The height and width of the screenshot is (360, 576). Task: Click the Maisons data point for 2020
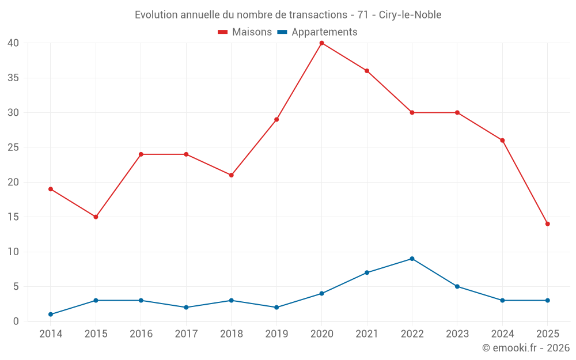pyautogui.click(x=321, y=43)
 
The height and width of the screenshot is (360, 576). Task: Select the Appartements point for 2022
pyautogui.click(x=412, y=259)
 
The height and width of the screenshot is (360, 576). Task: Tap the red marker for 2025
pyautogui.click(x=547, y=224)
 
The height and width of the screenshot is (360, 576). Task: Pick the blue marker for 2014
pyautogui.click(x=51, y=314)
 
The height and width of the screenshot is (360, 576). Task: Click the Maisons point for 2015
pyautogui.click(x=96, y=217)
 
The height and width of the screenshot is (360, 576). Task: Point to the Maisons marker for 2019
pyautogui.click(x=276, y=120)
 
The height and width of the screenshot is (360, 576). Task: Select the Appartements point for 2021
pyautogui.click(x=367, y=272)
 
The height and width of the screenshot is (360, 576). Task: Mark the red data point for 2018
pyautogui.click(x=231, y=175)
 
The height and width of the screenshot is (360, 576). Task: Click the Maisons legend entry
pyautogui.click(x=245, y=32)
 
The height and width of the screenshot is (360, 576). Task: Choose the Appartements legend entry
pyautogui.click(x=317, y=32)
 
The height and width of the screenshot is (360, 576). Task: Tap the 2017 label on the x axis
pyautogui.click(x=186, y=334)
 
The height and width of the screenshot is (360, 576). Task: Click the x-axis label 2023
pyautogui.click(x=457, y=334)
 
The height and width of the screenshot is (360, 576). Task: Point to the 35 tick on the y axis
pyautogui.click(x=13, y=78)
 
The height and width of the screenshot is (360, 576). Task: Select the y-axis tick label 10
pyautogui.click(x=13, y=252)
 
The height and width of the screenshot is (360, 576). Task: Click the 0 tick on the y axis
pyautogui.click(x=16, y=321)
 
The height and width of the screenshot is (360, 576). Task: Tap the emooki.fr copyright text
pyautogui.click(x=526, y=348)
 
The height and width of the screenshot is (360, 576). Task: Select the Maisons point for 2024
pyautogui.click(x=502, y=141)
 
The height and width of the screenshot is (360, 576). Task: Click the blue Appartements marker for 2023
pyautogui.click(x=457, y=286)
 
